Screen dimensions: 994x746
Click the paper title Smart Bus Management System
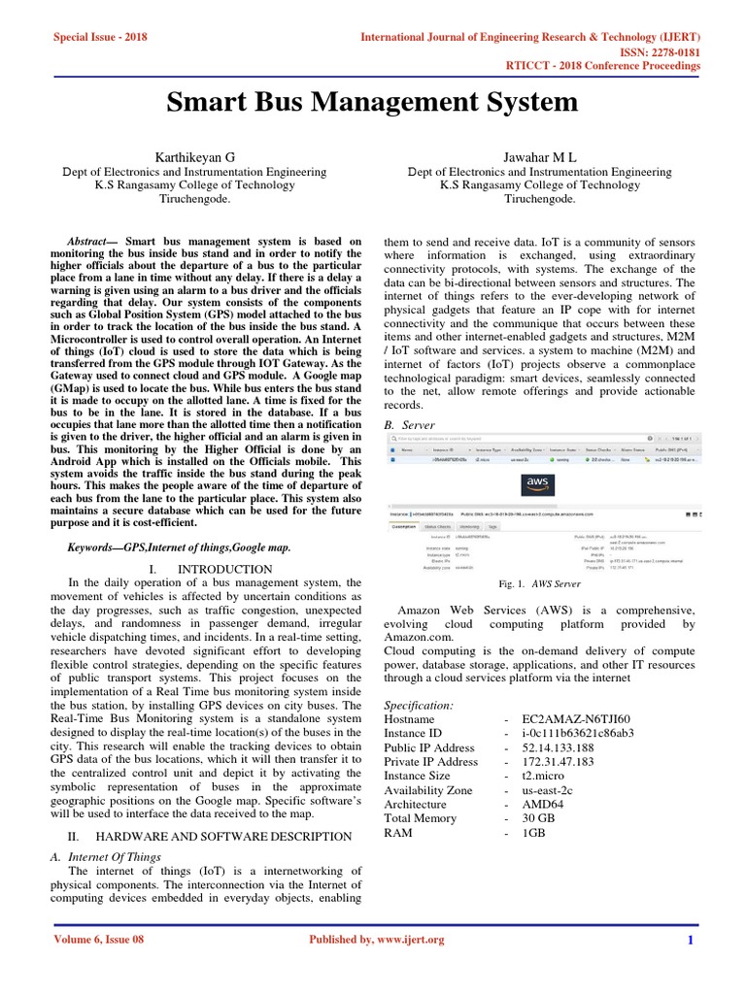(374, 102)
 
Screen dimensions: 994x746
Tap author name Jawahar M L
(540, 155)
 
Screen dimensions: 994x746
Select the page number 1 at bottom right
(690, 940)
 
